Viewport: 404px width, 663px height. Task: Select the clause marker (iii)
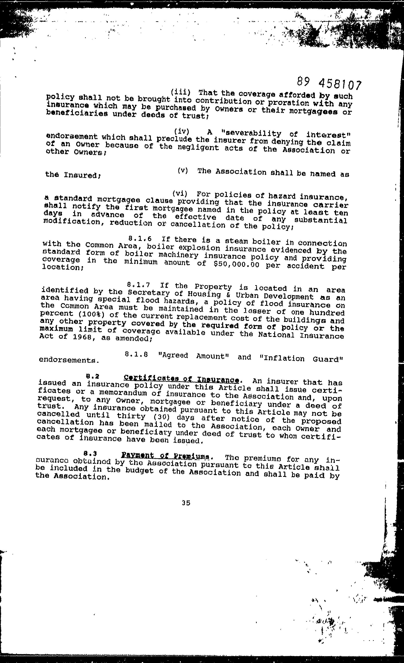click(181, 92)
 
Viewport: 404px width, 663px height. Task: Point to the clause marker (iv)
click(182, 131)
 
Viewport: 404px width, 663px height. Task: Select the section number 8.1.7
click(138, 285)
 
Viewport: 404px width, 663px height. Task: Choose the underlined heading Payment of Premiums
click(165, 456)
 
